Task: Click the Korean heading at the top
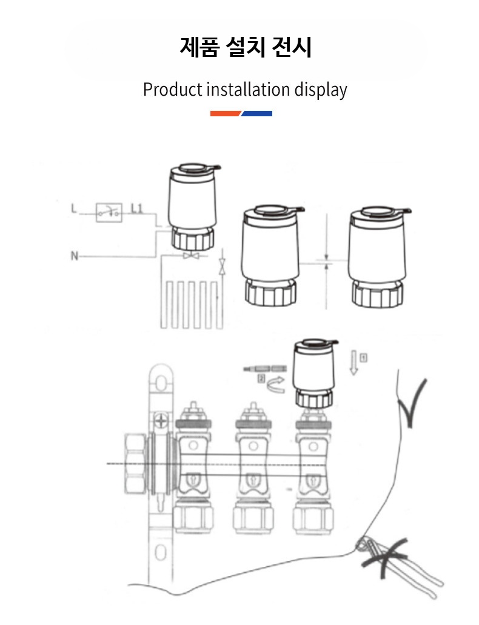click(x=245, y=47)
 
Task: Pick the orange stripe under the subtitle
click(x=226, y=113)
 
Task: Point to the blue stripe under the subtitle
click(x=257, y=113)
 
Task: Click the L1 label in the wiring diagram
click(x=136, y=209)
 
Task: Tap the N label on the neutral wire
click(x=74, y=256)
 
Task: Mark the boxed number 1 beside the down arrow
click(x=363, y=357)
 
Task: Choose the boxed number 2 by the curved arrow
click(x=261, y=379)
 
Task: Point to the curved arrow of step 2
click(x=276, y=385)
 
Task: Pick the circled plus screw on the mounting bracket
click(x=161, y=419)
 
